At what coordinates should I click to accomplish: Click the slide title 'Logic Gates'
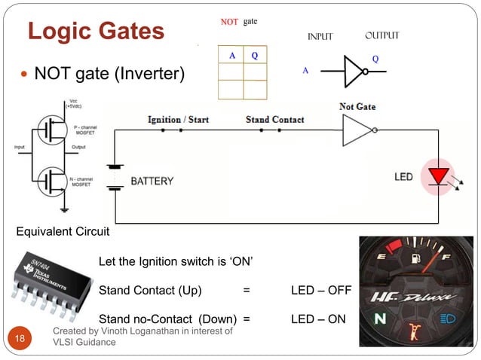point(96,32)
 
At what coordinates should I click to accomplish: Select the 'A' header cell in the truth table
point(231,55)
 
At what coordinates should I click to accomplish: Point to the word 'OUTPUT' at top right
point(381,35)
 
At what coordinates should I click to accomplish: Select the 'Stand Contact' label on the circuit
point(274,119)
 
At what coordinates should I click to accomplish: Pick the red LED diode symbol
point(438,176)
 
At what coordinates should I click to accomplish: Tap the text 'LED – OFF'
point(320,291)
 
